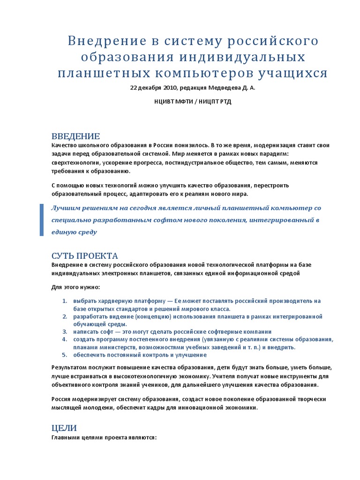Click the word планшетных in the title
[x=96, y=74]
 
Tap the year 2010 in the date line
[x=170, y=88]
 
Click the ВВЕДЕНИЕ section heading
[x=75, y=136]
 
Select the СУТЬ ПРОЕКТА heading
[x=84, y=256]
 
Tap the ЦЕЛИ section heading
[x=64, y=428]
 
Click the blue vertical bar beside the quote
[x=42, y=220]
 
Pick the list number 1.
[x=65, y=300]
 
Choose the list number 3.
[x=65, y=331]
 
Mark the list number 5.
[x=65, y=355]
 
